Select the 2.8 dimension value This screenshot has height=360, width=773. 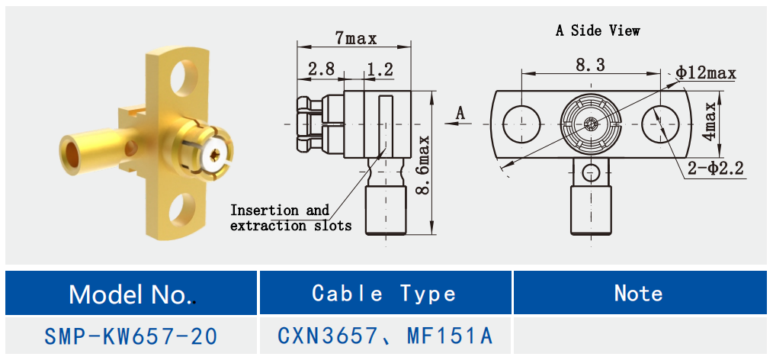click(321, 69)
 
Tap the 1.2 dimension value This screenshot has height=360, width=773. click(379, 69)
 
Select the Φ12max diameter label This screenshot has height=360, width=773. click(706, 73)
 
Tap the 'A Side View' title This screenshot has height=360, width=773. click(598, 31)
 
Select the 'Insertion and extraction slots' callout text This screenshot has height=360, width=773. click(290, 217)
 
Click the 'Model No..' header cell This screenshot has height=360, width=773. click(132, 294)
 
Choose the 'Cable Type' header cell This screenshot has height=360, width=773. click(384, 294)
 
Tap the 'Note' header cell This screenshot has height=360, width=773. click(638, 294)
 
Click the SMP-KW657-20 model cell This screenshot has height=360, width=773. click(132, 336)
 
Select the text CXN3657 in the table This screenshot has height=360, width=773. click(326, 336)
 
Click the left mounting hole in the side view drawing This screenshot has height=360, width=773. click(522, 123)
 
